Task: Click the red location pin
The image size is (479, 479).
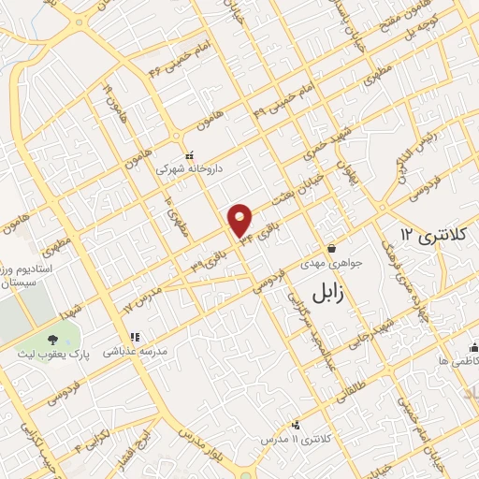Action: tap(241, 220)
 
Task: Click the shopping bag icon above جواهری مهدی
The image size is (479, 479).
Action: tap(332, 249)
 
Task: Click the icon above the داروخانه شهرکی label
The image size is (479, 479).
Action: tap(189, 155)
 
